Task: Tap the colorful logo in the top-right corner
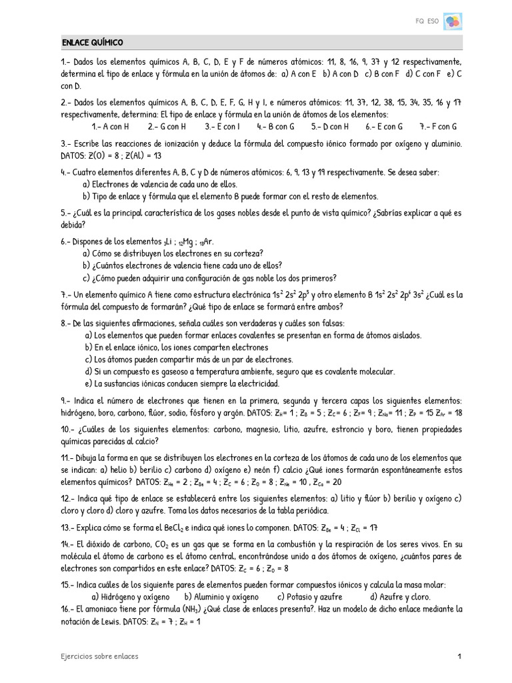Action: [453, 22]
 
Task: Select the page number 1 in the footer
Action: [459, 656]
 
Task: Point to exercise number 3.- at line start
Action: [66, 143]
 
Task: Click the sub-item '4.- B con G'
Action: [275, 126]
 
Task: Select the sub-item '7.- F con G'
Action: [438, 126]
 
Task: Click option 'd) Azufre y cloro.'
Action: [400, 597]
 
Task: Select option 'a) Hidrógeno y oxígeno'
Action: [130, 597]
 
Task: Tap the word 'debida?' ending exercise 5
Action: [74, 226]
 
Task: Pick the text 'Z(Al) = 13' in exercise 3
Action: [142, 155]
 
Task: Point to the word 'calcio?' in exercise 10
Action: [145, 441]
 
